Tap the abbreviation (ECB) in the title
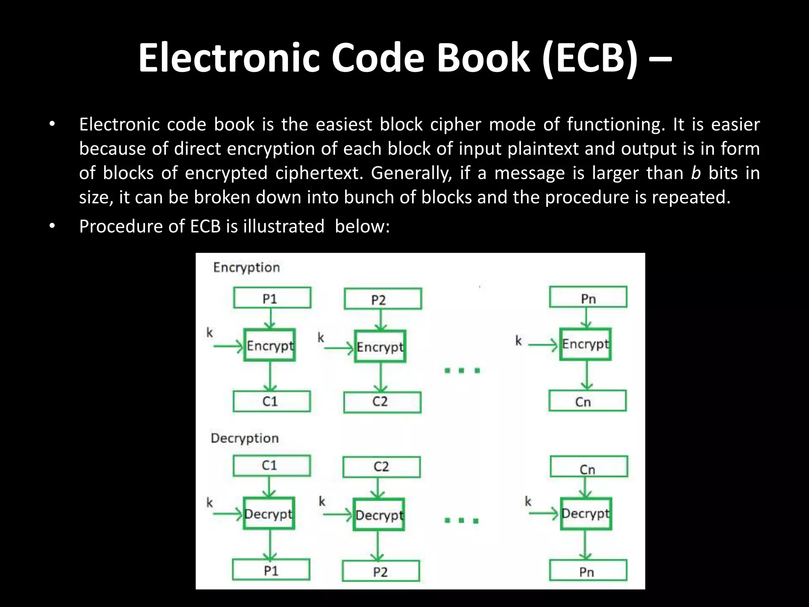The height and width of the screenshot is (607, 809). pos(589,58)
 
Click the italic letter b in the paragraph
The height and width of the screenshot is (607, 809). pos(696,173)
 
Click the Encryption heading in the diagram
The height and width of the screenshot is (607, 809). pos(246,268)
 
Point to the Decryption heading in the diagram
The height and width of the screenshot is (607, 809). pos(245,438)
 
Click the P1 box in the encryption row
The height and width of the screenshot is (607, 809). pos(272,298)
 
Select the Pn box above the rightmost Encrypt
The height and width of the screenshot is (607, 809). pos(588,298)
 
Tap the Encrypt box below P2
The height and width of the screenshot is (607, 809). pos(380,347)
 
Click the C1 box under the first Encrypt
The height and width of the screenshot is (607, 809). pos(271,402)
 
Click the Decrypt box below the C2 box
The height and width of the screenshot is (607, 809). pos(378,515)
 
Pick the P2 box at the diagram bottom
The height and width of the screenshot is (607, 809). pos(381,571)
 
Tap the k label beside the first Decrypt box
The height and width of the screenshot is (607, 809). pos(210,503)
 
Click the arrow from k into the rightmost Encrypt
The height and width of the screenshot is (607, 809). pos(543,345)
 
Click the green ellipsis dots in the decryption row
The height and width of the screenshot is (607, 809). pos(461,520)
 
